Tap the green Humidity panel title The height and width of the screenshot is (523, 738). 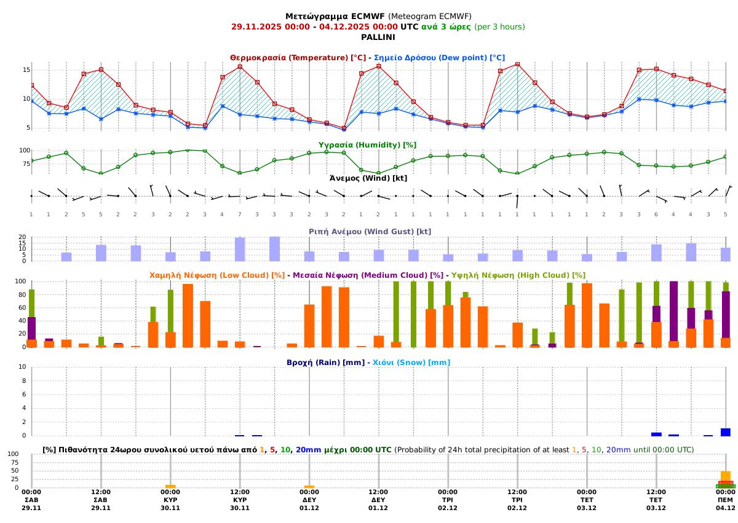coord(367,144)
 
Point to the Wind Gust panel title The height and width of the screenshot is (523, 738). coord(369,231)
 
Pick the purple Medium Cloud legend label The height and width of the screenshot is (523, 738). coord(368,275)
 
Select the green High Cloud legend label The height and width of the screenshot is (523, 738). coord(518,275)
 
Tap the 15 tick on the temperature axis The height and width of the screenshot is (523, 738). coord(26,70)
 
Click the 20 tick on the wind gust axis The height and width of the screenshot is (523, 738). coord(22,237)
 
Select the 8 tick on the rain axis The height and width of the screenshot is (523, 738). coord(23,380)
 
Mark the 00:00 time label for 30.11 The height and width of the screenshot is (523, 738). coord(170,492)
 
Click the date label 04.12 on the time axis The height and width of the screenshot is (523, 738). coord(726,508)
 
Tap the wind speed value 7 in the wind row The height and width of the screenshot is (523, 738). coord(240,214)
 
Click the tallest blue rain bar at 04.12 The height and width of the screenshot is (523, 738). coord(726,432)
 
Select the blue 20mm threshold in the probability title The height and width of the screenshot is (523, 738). coord(308,450)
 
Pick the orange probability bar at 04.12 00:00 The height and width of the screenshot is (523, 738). coord(726,476)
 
